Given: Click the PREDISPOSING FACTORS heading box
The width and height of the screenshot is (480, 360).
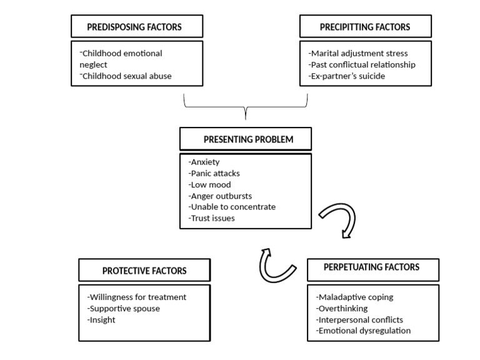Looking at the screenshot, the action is (137, 26).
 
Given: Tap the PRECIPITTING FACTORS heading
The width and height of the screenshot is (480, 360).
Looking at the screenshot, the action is (365, 27).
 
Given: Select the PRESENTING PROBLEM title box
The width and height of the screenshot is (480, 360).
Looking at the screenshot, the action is (246, 139).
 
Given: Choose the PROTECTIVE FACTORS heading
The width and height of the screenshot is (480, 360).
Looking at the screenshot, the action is (144, 271).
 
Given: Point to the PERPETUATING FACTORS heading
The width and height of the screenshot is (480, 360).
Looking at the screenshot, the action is (372, 267).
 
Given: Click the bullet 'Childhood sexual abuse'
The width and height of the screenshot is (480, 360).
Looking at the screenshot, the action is (126, 76).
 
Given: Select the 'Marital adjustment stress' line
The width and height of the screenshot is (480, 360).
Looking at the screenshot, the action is (358, 54).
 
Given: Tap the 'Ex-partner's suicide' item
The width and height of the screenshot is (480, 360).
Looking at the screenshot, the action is (346, 76).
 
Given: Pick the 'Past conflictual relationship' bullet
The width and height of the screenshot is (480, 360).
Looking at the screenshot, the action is (362, 65).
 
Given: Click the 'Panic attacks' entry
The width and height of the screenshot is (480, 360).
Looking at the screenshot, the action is (214, 174).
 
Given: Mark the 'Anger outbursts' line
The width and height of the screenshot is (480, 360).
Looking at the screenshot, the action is (220, 196).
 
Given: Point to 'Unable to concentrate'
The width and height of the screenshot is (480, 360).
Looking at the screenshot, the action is (232, 207).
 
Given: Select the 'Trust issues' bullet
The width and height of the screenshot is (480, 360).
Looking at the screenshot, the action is (211, 218).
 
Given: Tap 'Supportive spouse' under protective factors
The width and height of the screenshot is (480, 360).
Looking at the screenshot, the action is (123, 309).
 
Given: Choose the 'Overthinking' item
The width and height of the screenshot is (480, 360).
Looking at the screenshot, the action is (342, 309).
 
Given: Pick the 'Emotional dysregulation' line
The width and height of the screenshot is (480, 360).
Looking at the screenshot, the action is (363, 331).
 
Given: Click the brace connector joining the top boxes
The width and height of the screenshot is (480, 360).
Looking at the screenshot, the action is (246, 107).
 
